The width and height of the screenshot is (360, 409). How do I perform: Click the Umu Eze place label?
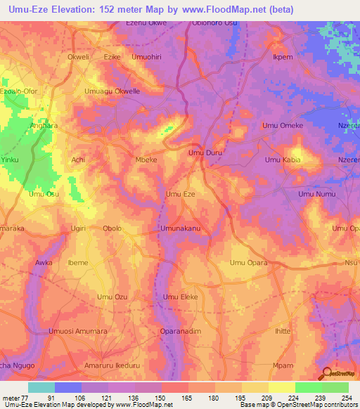point(179,193)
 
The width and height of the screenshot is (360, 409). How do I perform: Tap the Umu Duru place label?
point(205,152)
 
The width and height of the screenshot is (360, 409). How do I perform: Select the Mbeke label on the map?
point(146,160)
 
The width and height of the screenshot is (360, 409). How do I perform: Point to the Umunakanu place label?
point(181,228)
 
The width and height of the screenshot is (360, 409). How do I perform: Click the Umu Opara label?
point(250,263)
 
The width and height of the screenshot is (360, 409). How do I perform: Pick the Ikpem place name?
point(283,57)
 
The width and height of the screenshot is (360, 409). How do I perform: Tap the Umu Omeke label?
point(282,126)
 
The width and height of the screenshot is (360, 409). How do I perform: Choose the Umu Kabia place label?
point(282,160)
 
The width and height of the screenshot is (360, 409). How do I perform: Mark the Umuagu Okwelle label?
point(112,91)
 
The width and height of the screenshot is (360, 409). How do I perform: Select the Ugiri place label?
point(78,228)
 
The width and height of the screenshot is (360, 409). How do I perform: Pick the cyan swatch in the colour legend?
point(41,387)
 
